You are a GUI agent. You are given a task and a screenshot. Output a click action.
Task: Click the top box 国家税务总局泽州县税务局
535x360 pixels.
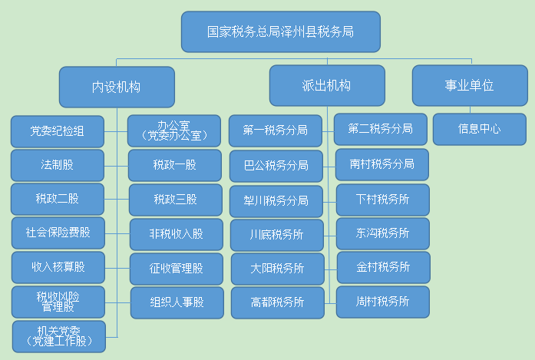click(x=281, y=31)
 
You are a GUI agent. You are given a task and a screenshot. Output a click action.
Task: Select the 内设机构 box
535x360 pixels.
click(x=117, y=87)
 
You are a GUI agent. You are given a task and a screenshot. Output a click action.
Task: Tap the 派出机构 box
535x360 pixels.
click(x=327, y=86)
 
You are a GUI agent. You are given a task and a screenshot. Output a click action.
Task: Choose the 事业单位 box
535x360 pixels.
click(x=470, y=86)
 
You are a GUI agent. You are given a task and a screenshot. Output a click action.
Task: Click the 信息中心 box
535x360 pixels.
click(x=480, y=129)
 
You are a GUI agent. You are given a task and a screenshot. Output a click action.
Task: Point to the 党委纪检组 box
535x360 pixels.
click(x=58, y=131)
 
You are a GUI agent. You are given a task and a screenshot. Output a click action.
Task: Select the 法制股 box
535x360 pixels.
click(x=58, y=165)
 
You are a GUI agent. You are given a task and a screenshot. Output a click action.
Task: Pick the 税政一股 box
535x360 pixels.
click(x=175, y=165)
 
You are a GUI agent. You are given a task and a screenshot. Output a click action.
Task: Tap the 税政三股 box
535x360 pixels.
click(x=175, y=200)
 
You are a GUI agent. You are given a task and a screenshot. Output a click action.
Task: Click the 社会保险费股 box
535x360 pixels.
click(x=58, y=233)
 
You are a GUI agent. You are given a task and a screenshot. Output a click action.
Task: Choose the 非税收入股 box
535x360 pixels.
click(x=177, y=234)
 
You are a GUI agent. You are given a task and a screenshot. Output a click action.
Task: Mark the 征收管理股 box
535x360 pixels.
click(x=177, y=269)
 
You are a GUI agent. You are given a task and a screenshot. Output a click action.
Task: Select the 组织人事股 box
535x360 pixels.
click(x=177, y=302)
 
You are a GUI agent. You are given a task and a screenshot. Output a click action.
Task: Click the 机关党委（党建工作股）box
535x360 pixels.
click(x=59, y=336)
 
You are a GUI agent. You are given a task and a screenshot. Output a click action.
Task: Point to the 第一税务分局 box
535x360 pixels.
click(x=276, y=130)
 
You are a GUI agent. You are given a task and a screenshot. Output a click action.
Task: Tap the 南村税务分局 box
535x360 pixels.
click(x=382, y=164)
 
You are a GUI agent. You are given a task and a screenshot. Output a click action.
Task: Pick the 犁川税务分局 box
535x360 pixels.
click(x=276, y=201)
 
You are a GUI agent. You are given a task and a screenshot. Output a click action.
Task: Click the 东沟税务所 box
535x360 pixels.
click(x=383, y=234)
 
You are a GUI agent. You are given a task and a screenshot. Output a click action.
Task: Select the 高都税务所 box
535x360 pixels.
click(x=278, y=302)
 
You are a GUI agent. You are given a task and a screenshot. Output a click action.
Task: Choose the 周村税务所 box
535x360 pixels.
click(x=383, y=302)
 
